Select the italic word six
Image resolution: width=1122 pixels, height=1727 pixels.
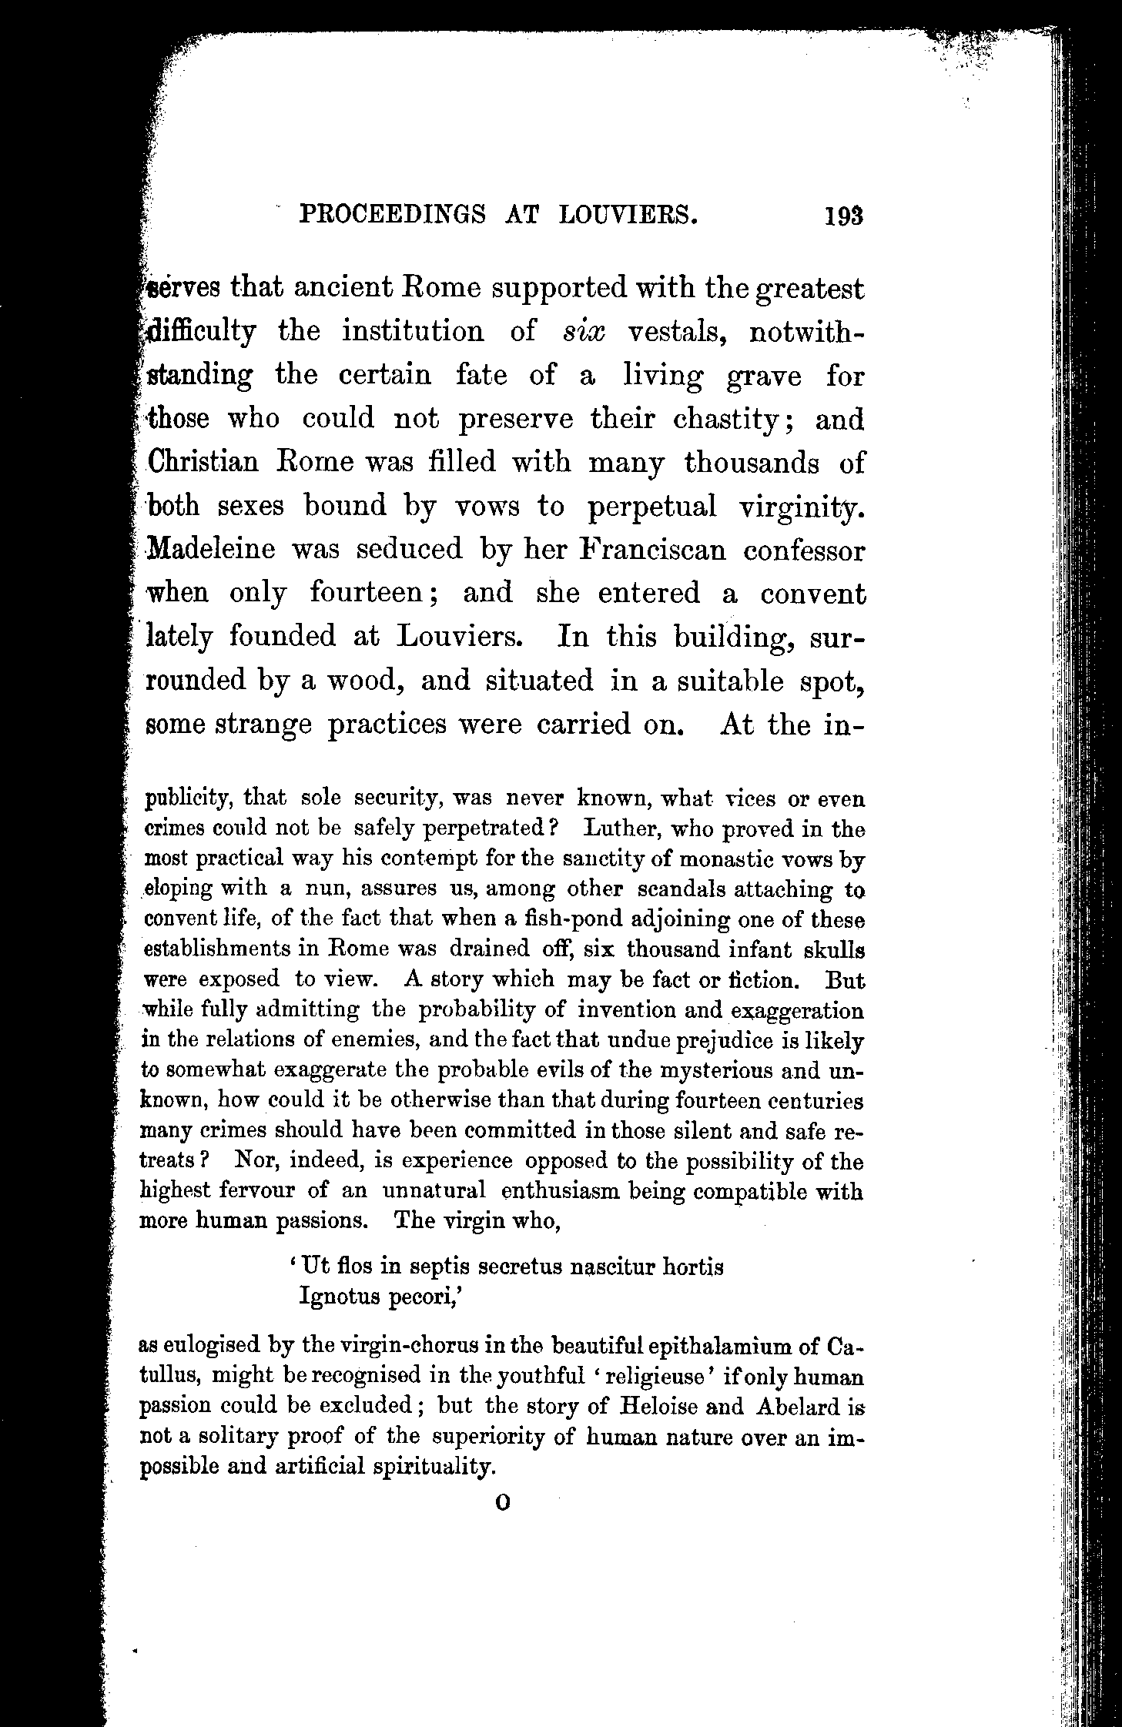pyautogui.click(x=584, y=332)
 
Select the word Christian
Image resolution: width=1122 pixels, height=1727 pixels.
pyautogui.click(x=202, y=463)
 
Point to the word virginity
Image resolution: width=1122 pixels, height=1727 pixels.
pyautogui.click(x=802, y=506)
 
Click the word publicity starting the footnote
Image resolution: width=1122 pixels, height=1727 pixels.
pyautogui.click(x=189, y=799)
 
